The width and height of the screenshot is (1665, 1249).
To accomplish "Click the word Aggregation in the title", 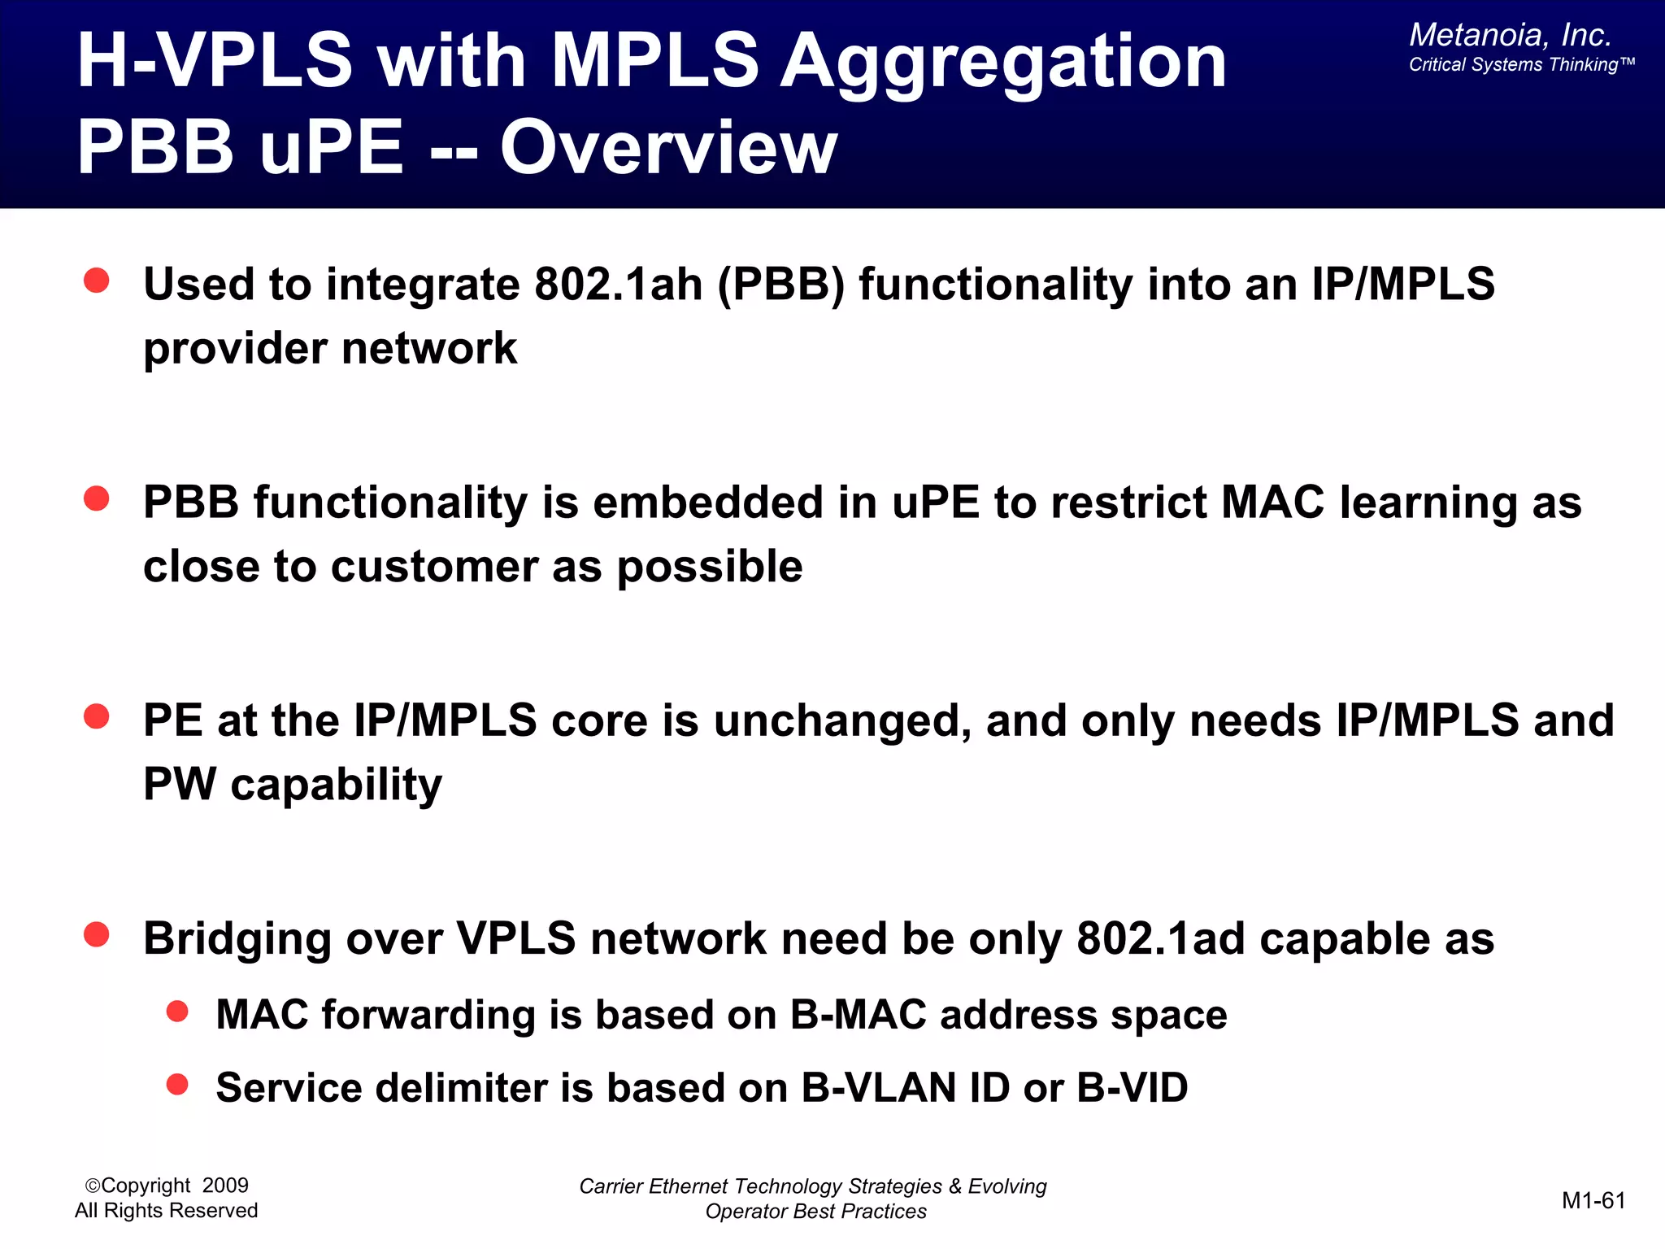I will [x=1003, y=63].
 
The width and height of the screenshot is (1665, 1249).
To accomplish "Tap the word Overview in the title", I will [x=668, y=148].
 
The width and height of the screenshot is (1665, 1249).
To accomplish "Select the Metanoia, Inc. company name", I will [x=1510, y=35].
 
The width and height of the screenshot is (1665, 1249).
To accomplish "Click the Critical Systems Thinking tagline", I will [x=1520, y=65].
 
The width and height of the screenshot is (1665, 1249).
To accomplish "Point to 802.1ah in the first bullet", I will [x=618, y=285].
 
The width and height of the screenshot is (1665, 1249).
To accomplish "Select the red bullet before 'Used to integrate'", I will [x=97, y=281].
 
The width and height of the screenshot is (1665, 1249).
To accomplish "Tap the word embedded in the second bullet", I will [x=707, y=503].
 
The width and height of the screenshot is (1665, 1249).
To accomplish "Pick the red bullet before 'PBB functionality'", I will [x=97, y=498].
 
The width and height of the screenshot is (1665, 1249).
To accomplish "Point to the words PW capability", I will [x=293, y=785].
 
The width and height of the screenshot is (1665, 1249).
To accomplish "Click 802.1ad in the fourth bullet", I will [x=1161, y=939].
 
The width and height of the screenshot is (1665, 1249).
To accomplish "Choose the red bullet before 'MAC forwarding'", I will [x=177, y=1012].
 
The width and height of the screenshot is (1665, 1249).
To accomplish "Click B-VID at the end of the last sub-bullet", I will [x=1132, y=1088].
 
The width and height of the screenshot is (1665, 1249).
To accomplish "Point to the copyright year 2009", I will [x=225, y=1186].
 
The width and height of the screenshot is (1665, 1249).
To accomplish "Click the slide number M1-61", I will [x=1593, y=1200].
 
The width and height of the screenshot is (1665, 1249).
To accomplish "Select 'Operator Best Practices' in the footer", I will [x=815, y=1212].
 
